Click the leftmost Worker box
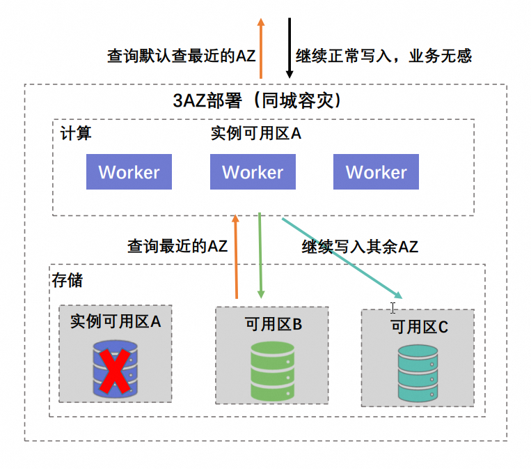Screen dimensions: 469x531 pos(129,172)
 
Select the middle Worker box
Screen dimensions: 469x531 pos(253,172)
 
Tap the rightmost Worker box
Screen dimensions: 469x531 pos(376,172)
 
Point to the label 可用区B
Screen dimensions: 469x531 pos(273,324)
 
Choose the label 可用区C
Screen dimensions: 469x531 pos(419,327)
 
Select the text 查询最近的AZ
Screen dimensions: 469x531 pos(177,245)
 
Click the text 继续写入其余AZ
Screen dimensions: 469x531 pos(360,246)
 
